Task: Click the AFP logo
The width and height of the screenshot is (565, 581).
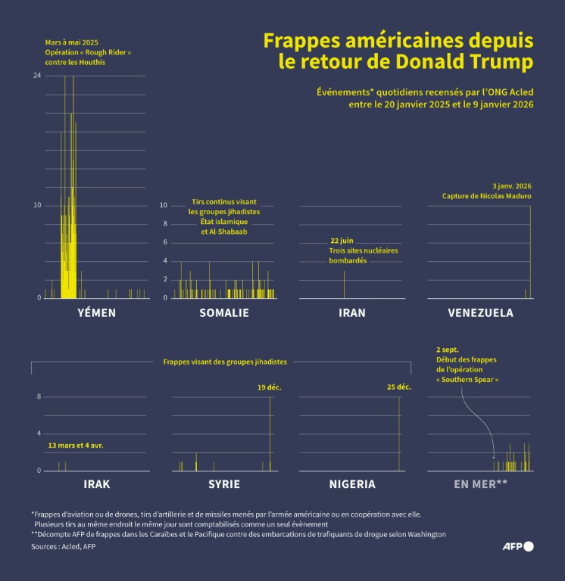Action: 518,546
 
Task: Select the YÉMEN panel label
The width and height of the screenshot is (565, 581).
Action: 97,312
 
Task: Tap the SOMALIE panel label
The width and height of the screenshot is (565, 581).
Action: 224,312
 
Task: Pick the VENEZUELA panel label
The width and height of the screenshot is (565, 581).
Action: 480,312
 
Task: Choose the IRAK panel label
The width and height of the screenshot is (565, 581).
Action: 97,484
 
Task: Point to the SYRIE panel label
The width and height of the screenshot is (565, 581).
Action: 224,484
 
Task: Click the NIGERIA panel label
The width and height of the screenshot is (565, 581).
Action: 351,484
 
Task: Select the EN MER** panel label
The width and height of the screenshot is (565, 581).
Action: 480,484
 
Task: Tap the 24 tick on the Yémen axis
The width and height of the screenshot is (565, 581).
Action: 37,76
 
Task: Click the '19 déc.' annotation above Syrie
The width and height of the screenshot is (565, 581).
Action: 269,387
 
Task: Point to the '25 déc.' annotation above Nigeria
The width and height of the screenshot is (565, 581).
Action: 398,387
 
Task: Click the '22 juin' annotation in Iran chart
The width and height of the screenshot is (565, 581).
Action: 343,240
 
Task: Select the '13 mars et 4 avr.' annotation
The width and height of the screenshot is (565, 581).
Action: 75,446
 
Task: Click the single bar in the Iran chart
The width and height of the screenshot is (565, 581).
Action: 344,284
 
